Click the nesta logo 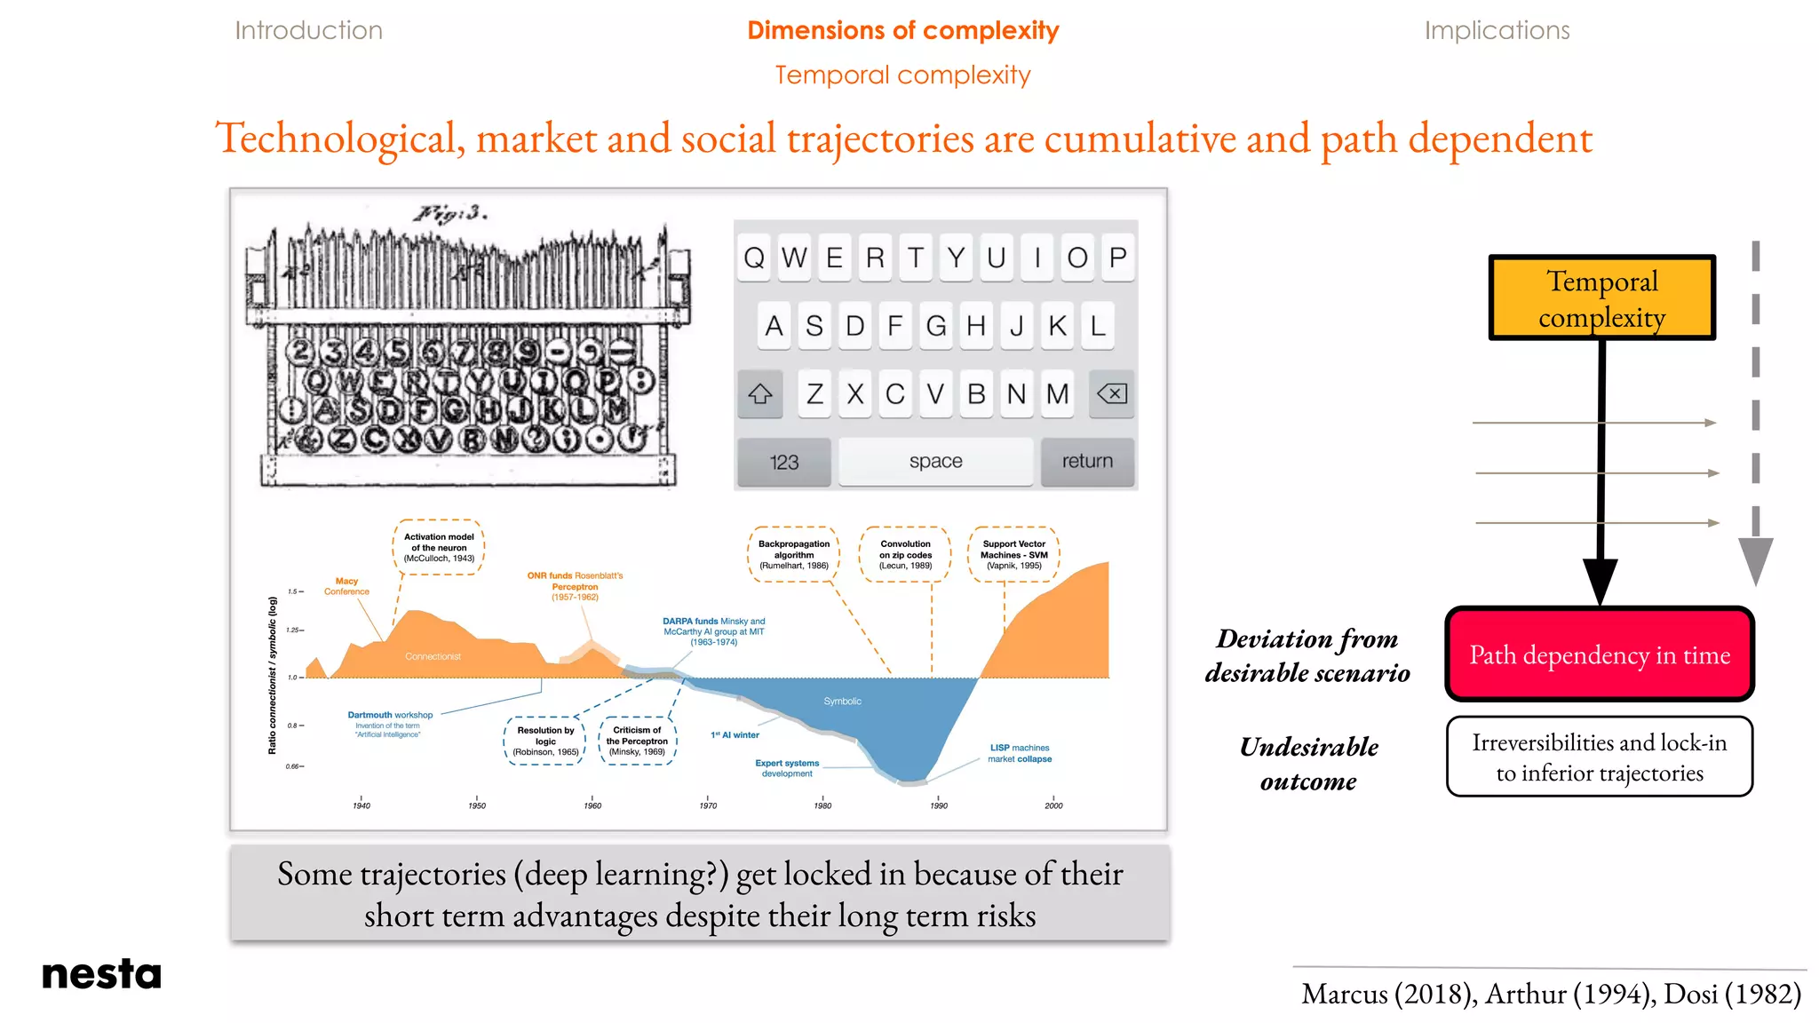[101, 974]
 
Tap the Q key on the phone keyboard [754, 258]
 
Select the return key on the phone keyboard [1086, 461]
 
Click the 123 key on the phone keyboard [783, 462]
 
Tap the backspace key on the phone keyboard [1111, 393]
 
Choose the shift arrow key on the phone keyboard [760, 393]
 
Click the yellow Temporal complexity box [1601, 298]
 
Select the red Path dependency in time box [1600, 654]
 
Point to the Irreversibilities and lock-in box [1599, 757]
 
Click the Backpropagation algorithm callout [794, 554]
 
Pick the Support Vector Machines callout [1013, 554]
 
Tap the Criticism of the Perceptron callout [637, 741]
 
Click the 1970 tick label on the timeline [708, 805]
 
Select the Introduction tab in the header [308, 30]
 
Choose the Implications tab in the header [1497, 30]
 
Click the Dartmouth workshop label [390, 715]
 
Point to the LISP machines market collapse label [1020, 753]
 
